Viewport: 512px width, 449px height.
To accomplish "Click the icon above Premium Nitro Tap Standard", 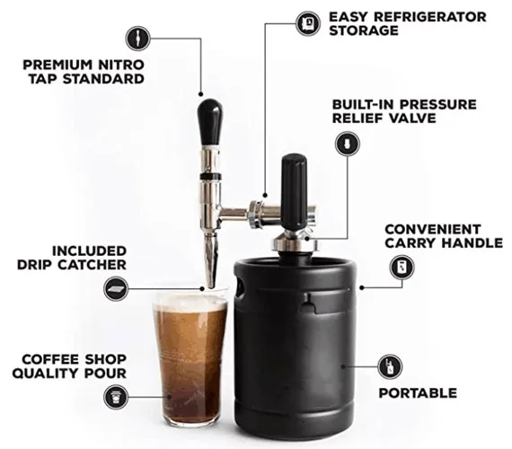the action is click(138, 39).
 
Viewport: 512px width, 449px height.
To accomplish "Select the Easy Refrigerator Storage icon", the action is click(309, 23).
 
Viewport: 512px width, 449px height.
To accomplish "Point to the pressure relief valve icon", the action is click(348, 144).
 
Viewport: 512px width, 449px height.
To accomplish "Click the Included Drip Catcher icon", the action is click(116, 288).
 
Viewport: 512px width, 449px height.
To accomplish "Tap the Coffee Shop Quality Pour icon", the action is click(116, 397).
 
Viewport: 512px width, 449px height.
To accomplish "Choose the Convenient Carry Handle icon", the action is click(402, 268).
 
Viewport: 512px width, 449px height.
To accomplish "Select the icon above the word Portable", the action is click(390, 366).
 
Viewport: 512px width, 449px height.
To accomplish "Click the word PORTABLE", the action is click(418, 392).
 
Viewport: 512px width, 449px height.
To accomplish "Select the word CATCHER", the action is click(93, 265).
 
